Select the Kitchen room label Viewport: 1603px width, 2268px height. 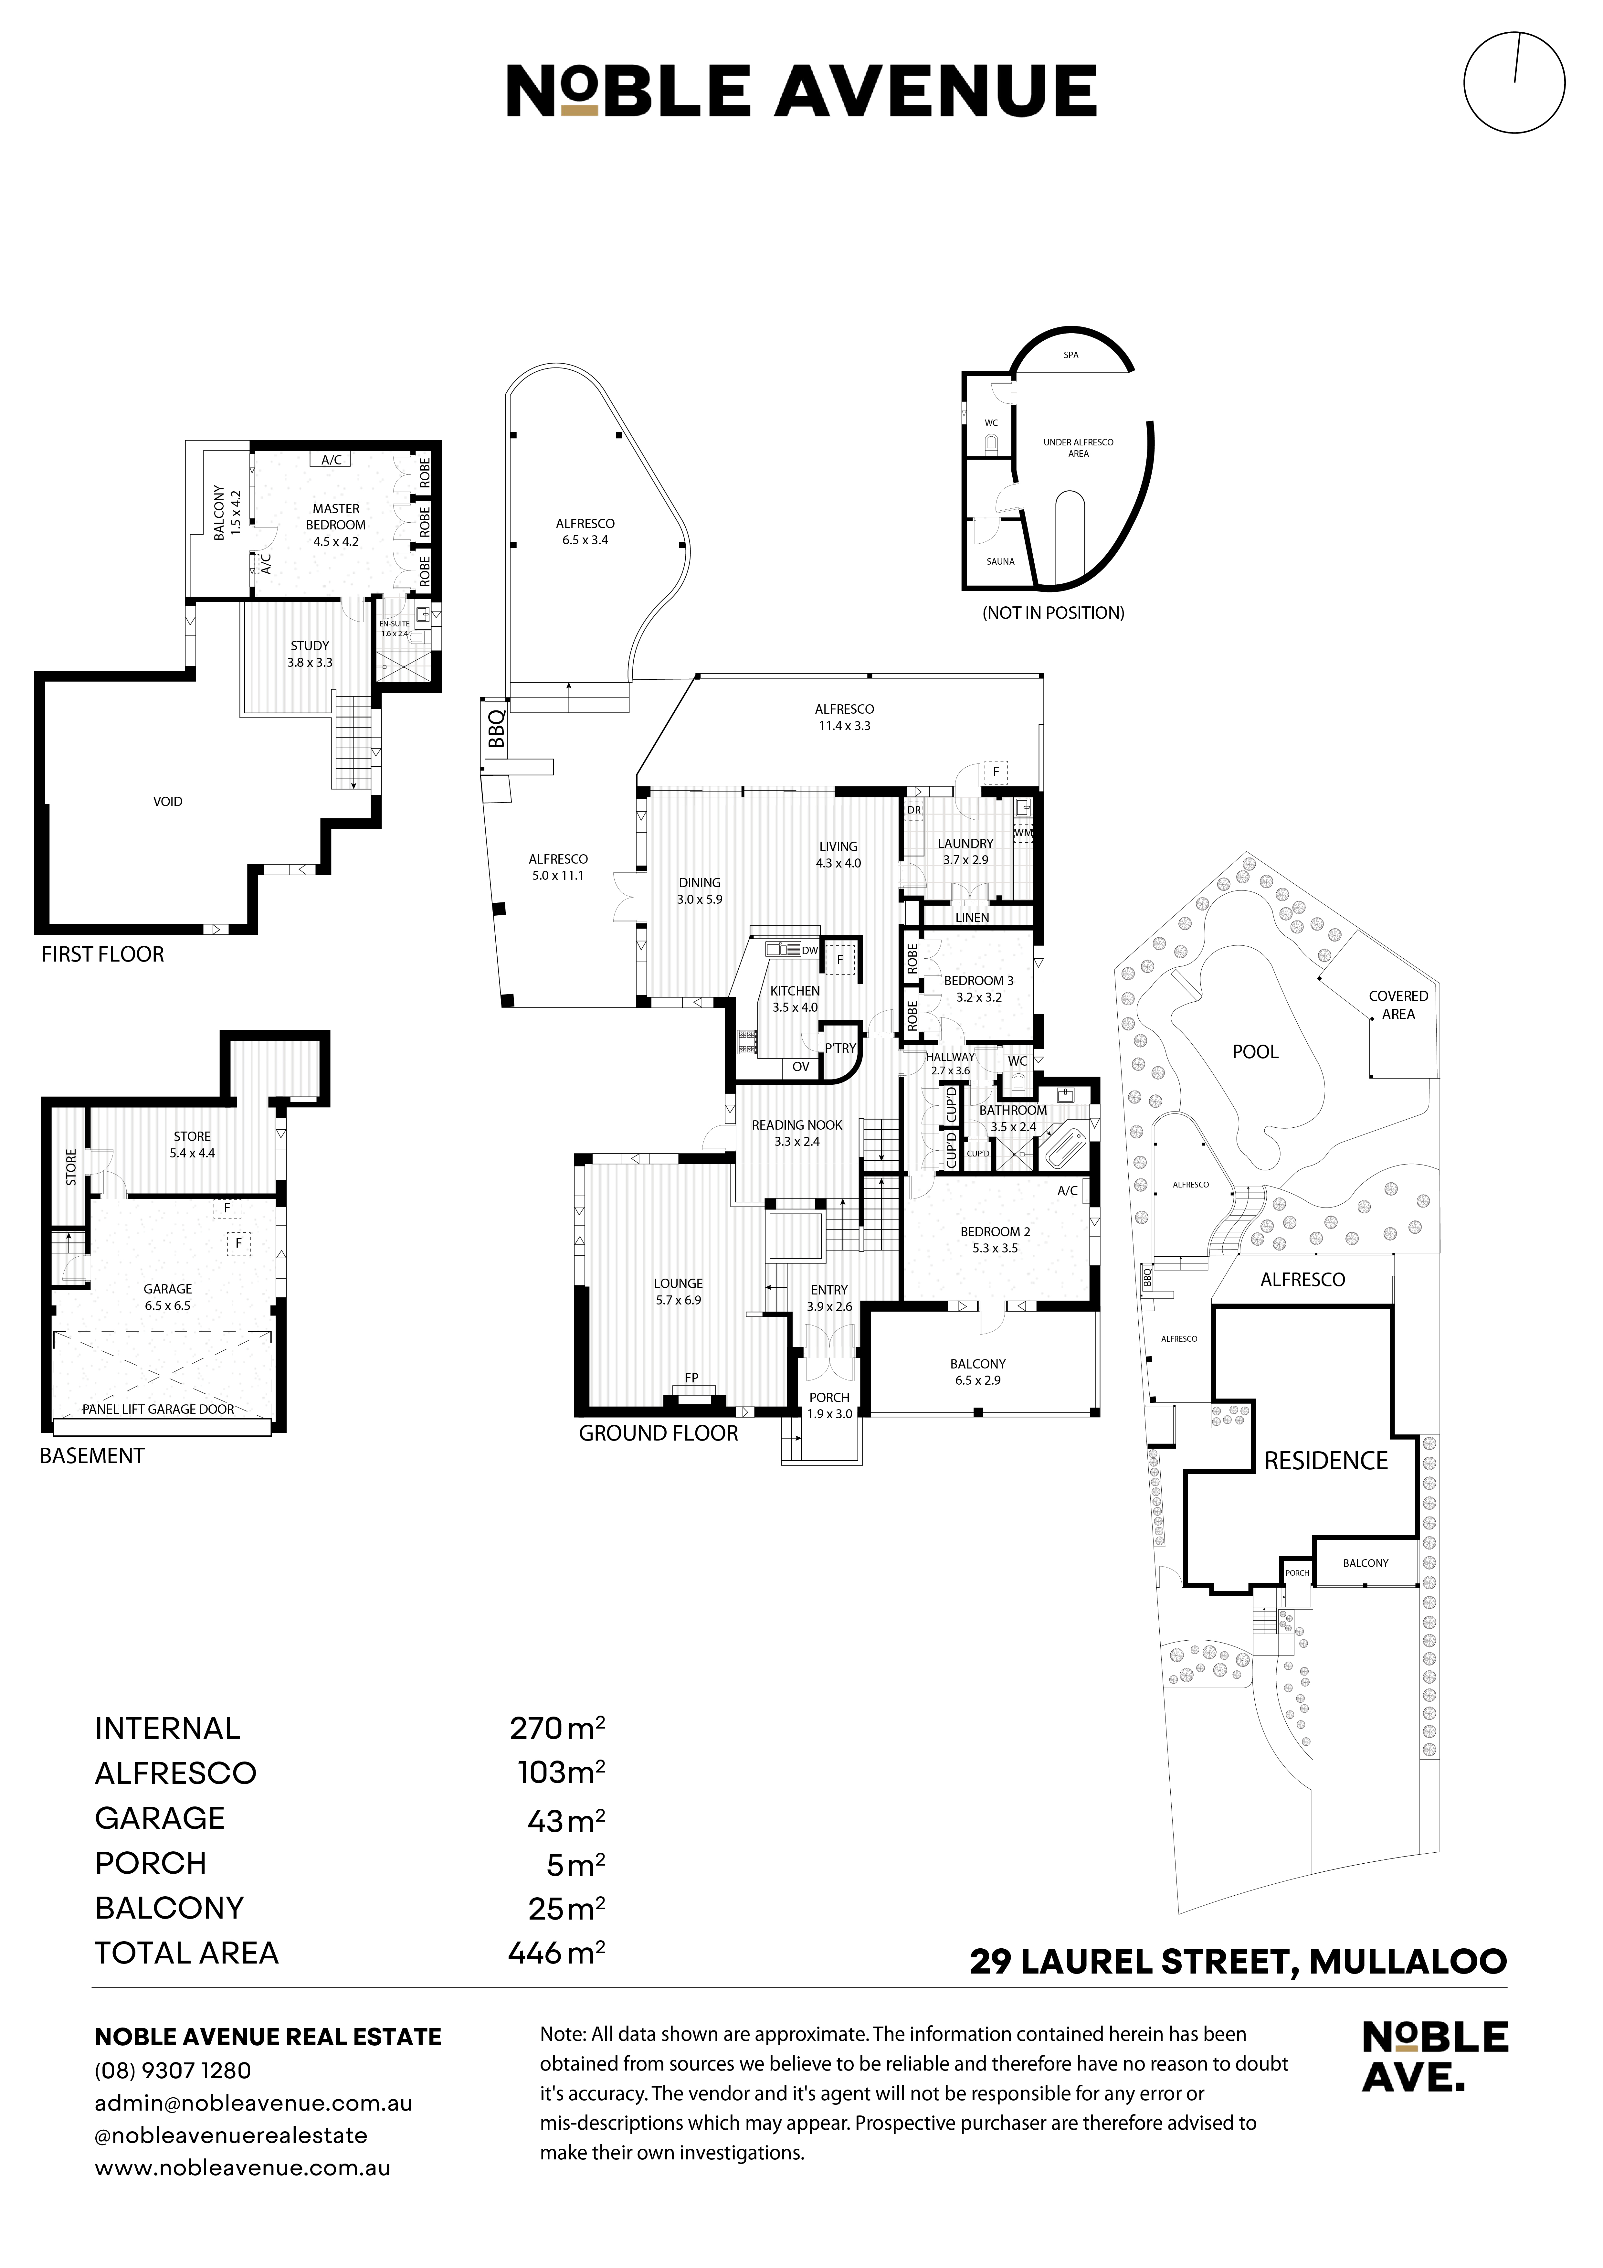(x=795, y=991)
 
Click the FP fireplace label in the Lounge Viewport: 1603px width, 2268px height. (x=691, y=1377)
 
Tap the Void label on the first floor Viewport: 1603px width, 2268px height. (x=168, y=801)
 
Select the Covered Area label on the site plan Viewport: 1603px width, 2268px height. (x=1398, y=1005)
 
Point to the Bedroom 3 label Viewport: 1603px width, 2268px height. (x=979, y=981)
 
